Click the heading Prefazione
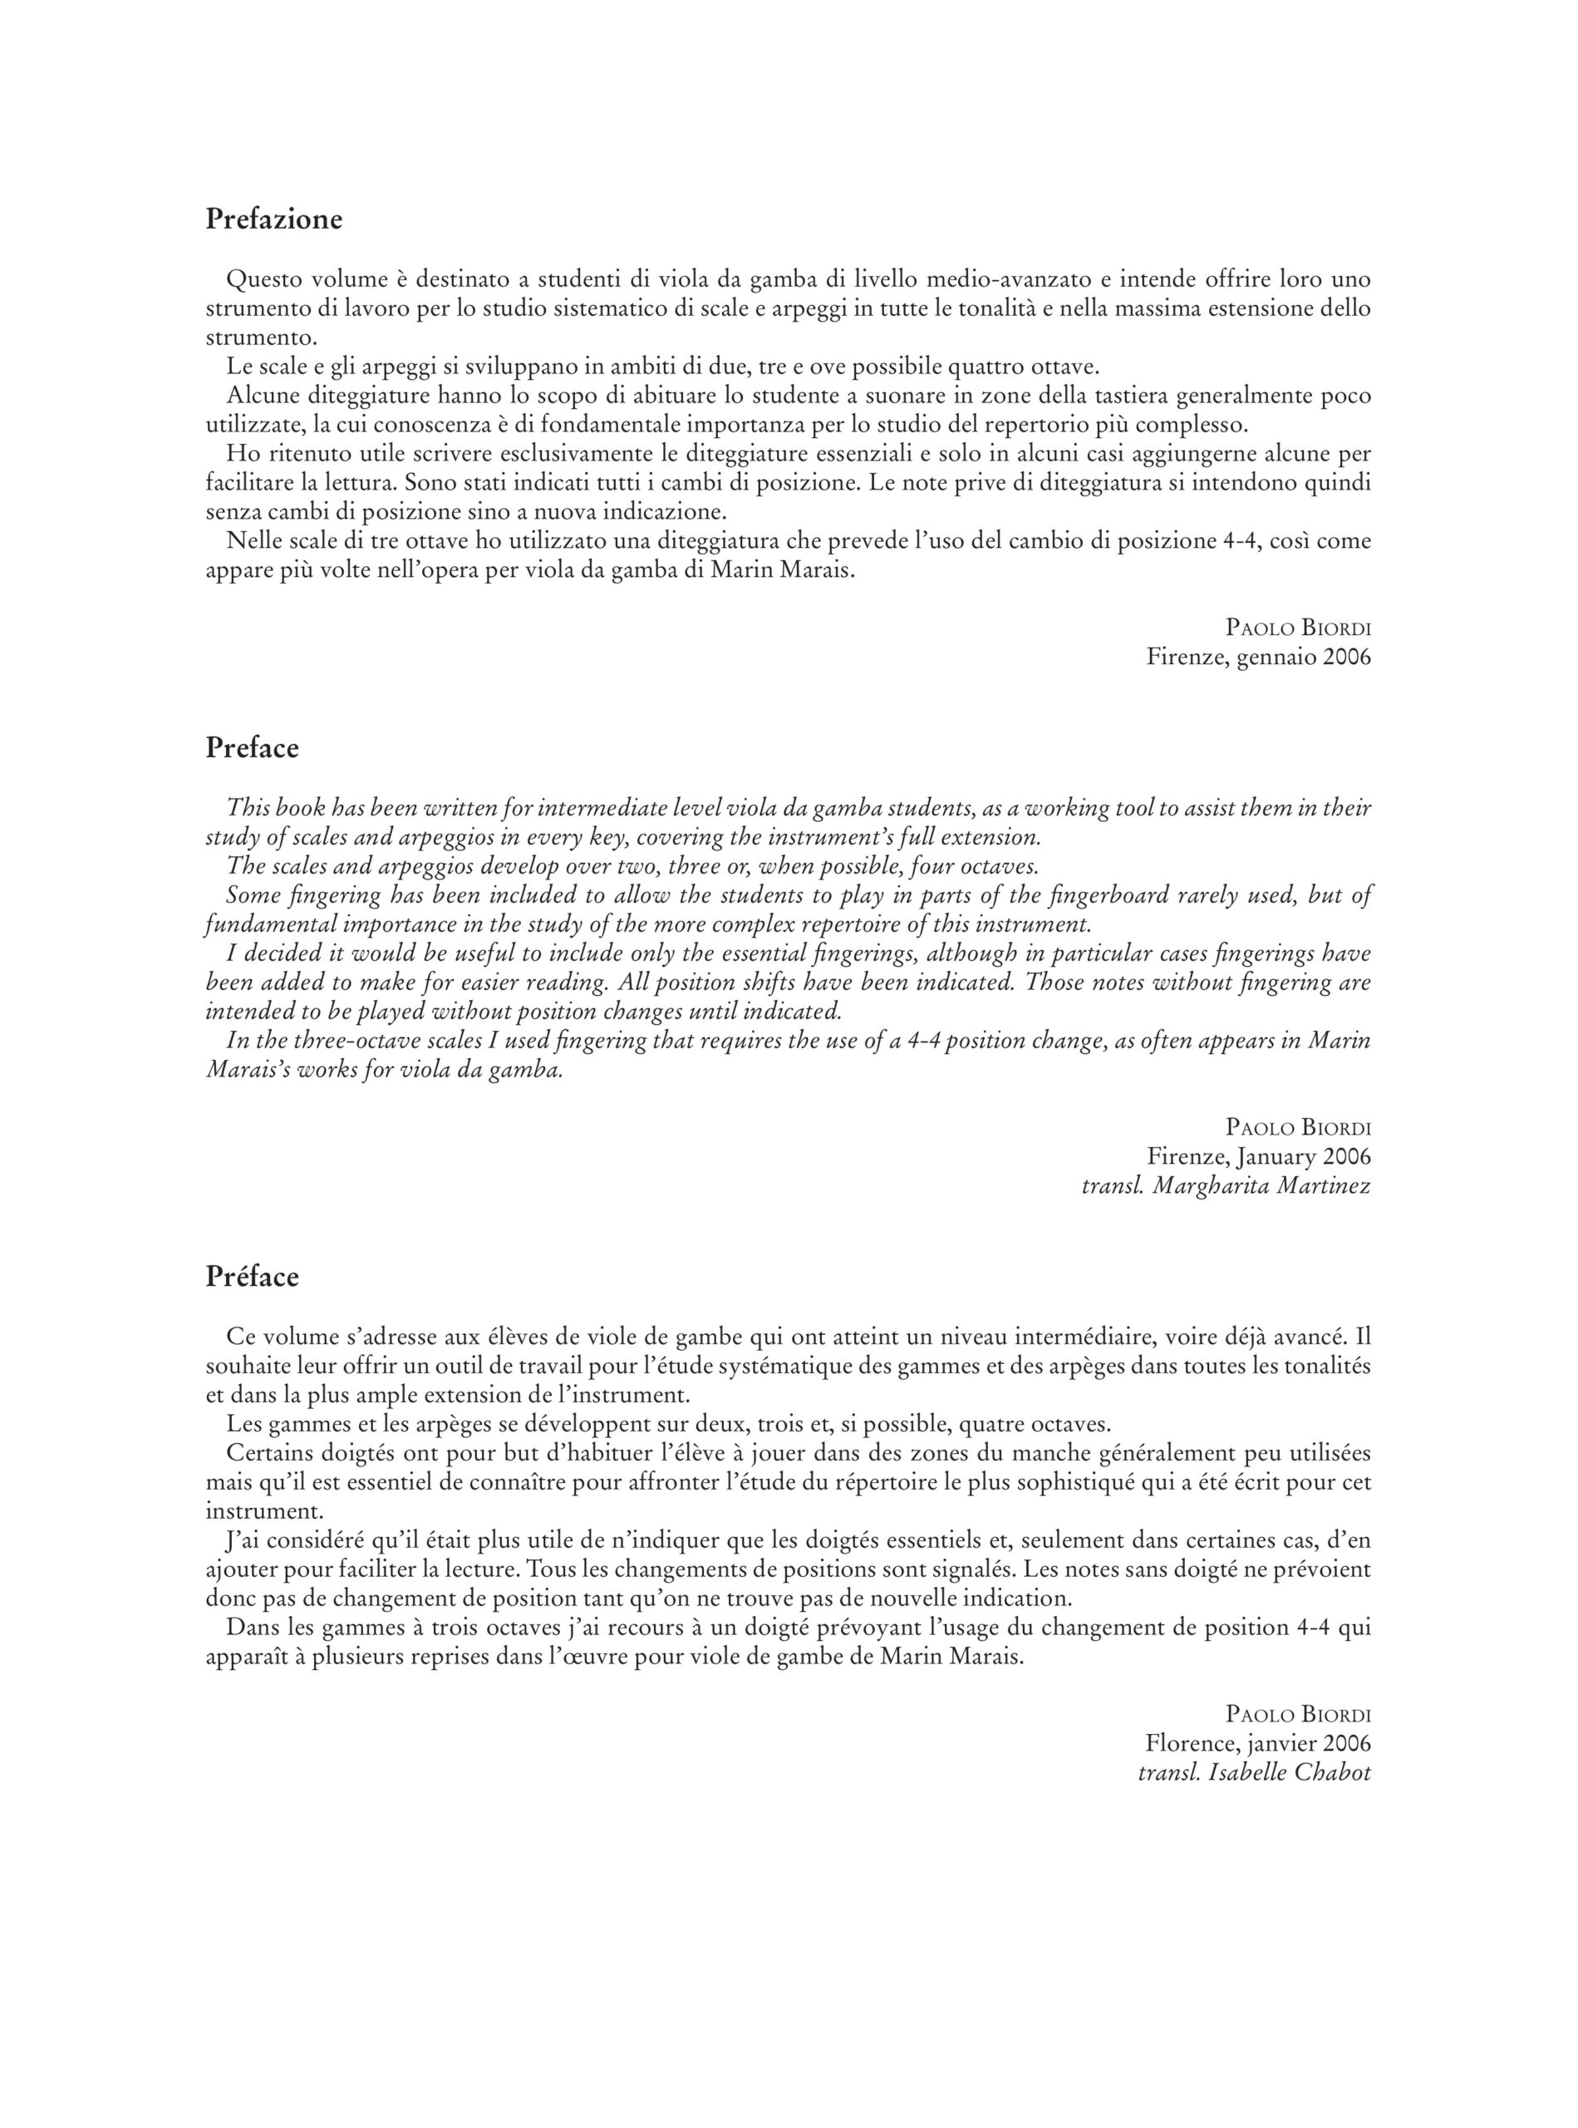click(x=273, y=219)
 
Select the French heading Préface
click(x=252, y=1278)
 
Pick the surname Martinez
click(x=1327, y=1186)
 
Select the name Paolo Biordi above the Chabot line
click(x=1298, y=1714)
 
